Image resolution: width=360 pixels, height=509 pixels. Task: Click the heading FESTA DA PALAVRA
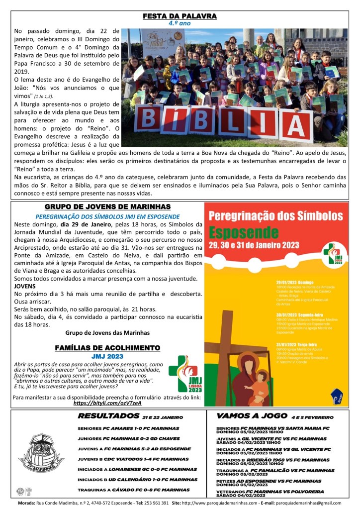(x=180, y=16)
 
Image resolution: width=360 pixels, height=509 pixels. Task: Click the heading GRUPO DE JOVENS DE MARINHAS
(x=107, y=206)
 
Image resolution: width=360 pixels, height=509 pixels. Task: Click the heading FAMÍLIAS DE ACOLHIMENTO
(x=107, y=347)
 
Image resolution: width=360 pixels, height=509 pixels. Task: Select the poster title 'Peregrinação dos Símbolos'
(x=275, y=216)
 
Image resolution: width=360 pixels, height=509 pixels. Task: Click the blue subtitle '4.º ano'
(x=180, y=23)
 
